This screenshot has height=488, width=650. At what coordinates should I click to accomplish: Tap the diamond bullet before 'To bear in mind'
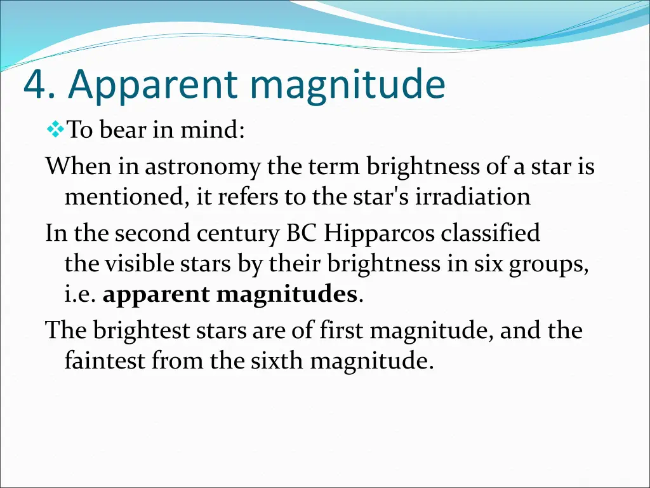click(x=55, y=130)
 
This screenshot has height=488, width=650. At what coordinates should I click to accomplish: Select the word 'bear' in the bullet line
click(x=123, y=130)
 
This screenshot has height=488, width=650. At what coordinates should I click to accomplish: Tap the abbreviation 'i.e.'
click(x=80, y=294)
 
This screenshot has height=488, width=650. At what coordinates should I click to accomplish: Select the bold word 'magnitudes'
click(x=286, y=294)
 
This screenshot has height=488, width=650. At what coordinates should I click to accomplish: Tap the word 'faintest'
click(x=105, y=361)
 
